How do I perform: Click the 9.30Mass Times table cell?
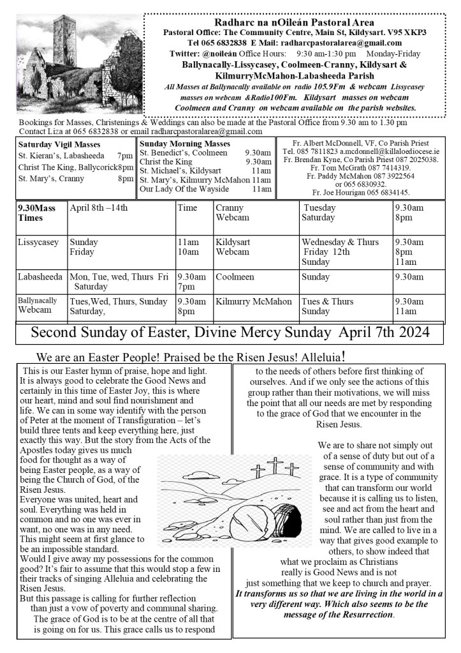tap(38, 213)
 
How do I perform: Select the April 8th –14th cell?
tap(99, 208)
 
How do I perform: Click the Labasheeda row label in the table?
tap(40, 277)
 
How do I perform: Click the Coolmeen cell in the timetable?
tap(235, 277)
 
